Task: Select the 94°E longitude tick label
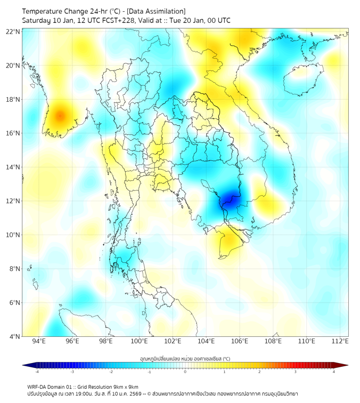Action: click(x=39, y=341)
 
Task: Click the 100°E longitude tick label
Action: click(x=139, y=341)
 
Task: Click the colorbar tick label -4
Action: click(x=37, y=372)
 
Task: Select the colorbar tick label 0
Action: click(x=186, y=372)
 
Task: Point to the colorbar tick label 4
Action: click(x=334, y=372)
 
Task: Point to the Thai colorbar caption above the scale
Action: click(x=185, y=358)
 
